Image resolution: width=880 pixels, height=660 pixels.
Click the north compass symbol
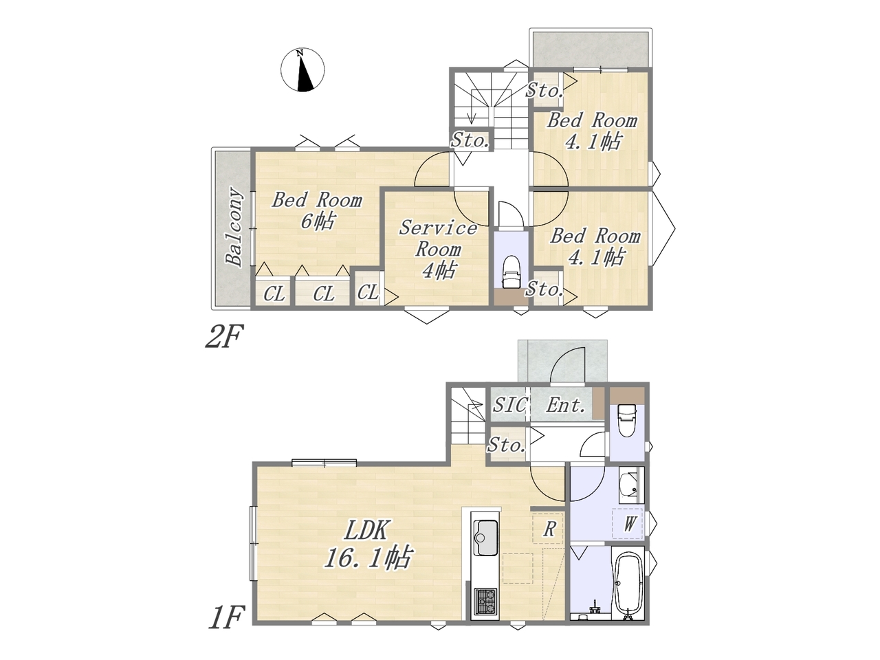point(302,70)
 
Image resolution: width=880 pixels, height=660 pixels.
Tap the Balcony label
point(234,227)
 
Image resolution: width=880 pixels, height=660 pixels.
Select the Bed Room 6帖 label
point(317,210)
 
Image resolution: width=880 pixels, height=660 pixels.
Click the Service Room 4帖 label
point(438,249)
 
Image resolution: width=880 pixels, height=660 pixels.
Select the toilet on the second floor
point(510,272)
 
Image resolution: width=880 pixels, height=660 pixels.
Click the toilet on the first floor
point(627,420)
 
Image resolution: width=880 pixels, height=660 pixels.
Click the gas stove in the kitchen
point(486,601)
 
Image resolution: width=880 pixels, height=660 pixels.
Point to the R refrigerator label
point(549,529)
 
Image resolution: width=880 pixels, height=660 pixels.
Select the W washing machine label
point(630,523)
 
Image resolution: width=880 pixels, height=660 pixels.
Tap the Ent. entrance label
point(565,406)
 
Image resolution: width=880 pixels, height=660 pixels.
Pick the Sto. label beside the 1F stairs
point(507,445)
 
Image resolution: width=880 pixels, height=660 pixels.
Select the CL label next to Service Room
point(368,292)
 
